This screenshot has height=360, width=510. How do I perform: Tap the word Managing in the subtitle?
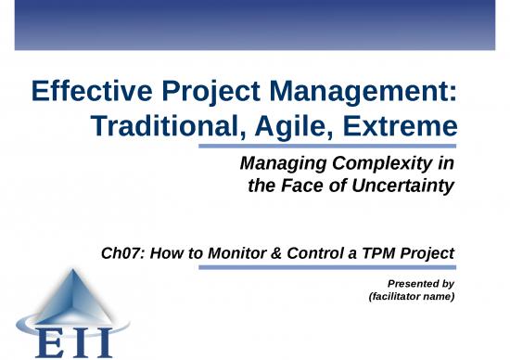pyautogui.click(x=279, y=164)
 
